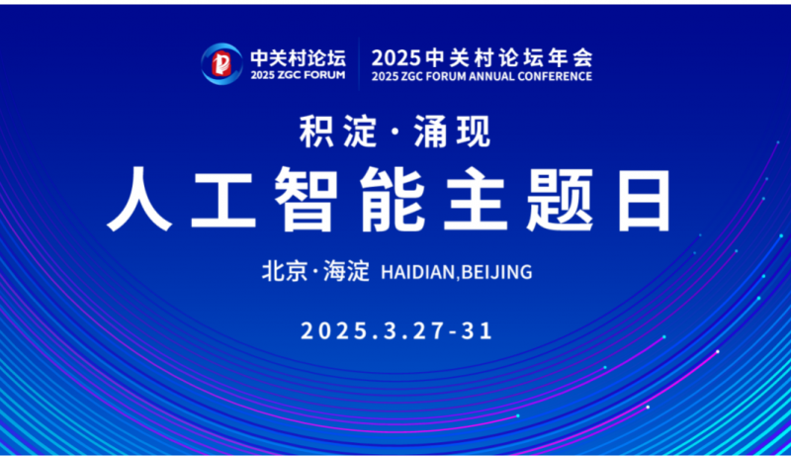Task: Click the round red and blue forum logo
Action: (221, 63)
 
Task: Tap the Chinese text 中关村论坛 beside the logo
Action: (299, 58)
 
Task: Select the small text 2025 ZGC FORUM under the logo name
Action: (299, 75)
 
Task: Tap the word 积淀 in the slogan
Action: (338, 132)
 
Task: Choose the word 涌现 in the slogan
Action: (453, 132)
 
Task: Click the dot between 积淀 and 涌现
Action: (395, 133)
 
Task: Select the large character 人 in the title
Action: (139, 200)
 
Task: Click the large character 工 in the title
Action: (222, 201)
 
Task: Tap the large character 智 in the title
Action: (307, 200)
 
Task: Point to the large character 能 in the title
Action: (392, 200)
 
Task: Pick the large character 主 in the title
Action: (475, 200)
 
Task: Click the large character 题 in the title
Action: (560, 200)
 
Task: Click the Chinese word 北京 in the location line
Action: (285, 271)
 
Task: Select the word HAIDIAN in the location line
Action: (417, 272)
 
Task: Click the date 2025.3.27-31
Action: (396, 331)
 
